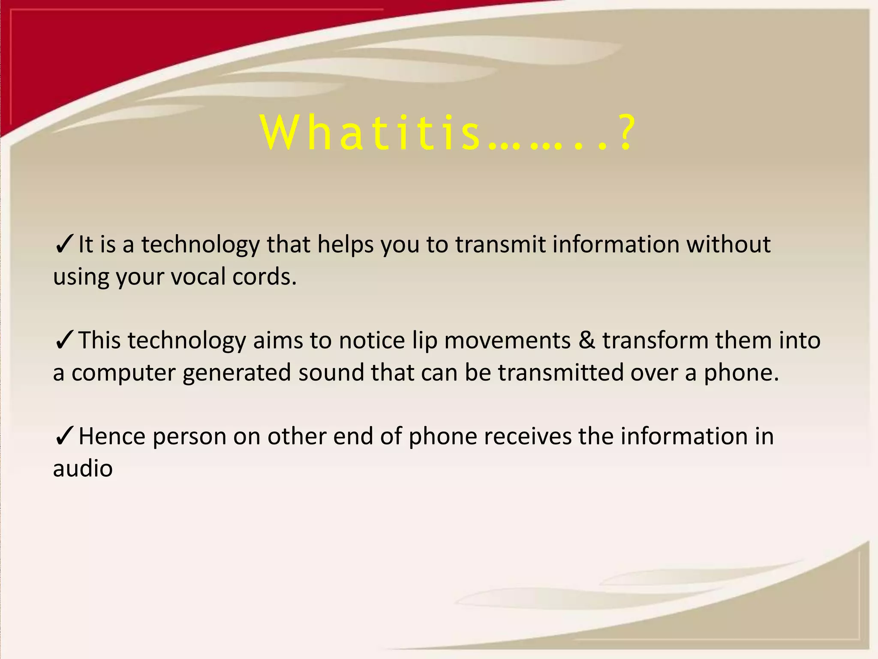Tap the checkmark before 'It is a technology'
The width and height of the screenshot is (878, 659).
coord(64,245)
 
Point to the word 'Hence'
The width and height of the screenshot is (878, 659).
coord(112,437)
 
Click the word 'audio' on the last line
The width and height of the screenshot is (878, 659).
coord(83,469)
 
